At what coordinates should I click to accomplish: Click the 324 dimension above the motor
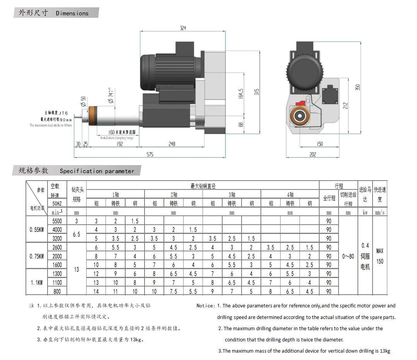183,28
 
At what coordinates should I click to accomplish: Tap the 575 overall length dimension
150,154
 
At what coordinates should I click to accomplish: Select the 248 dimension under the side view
172,144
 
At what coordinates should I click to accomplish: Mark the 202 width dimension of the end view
313,154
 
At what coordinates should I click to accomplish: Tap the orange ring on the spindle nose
93,116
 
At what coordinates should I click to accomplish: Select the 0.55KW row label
37,229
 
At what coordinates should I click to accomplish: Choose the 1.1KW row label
37,282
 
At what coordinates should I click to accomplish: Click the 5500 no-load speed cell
57,221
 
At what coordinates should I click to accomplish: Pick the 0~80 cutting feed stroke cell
348,256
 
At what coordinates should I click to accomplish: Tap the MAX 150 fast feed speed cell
380,256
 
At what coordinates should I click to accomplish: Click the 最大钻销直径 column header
203,186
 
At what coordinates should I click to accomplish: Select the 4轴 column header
290,195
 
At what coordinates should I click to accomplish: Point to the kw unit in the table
365,212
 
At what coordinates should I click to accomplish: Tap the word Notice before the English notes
205,305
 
